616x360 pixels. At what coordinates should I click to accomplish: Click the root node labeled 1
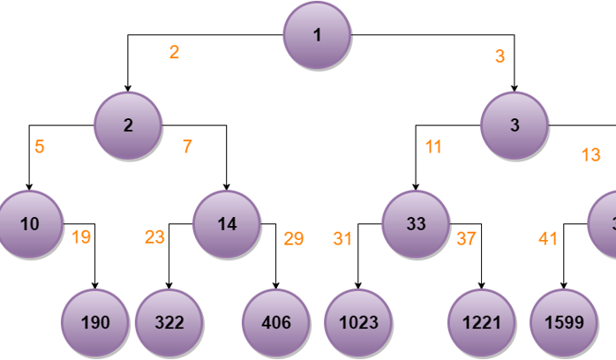pos(317,35)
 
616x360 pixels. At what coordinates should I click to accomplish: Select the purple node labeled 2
pos(128,125)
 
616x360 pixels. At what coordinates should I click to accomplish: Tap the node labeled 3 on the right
pos(515,125)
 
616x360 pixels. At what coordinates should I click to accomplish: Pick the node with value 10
pos(29,224)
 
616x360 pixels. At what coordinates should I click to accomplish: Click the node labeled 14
pos(227,224)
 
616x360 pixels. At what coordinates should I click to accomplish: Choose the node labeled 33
pos(416,224)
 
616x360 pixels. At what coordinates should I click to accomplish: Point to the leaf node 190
pos(94,323)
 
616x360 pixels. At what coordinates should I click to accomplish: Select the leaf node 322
pos(169,323)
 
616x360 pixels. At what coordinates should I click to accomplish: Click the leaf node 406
pos(275,323)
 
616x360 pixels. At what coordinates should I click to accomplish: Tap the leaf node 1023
pos(357,323)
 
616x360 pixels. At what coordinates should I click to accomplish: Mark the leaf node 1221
pos(481,323)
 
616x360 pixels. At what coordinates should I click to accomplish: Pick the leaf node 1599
pos(563,323)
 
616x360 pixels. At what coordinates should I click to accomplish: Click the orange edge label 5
pos(40,146)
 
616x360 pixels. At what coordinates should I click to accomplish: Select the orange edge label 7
pos(187,146)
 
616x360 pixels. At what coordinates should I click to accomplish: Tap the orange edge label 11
pos(433,146)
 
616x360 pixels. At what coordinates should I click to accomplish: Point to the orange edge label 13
pos(590,155)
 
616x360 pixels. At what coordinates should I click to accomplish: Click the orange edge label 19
pos(81,237)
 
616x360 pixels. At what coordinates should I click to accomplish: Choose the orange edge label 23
pos(154,237)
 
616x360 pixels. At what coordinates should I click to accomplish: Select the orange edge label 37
pos(466,238)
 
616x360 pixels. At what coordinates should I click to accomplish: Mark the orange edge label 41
pos(548,238)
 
